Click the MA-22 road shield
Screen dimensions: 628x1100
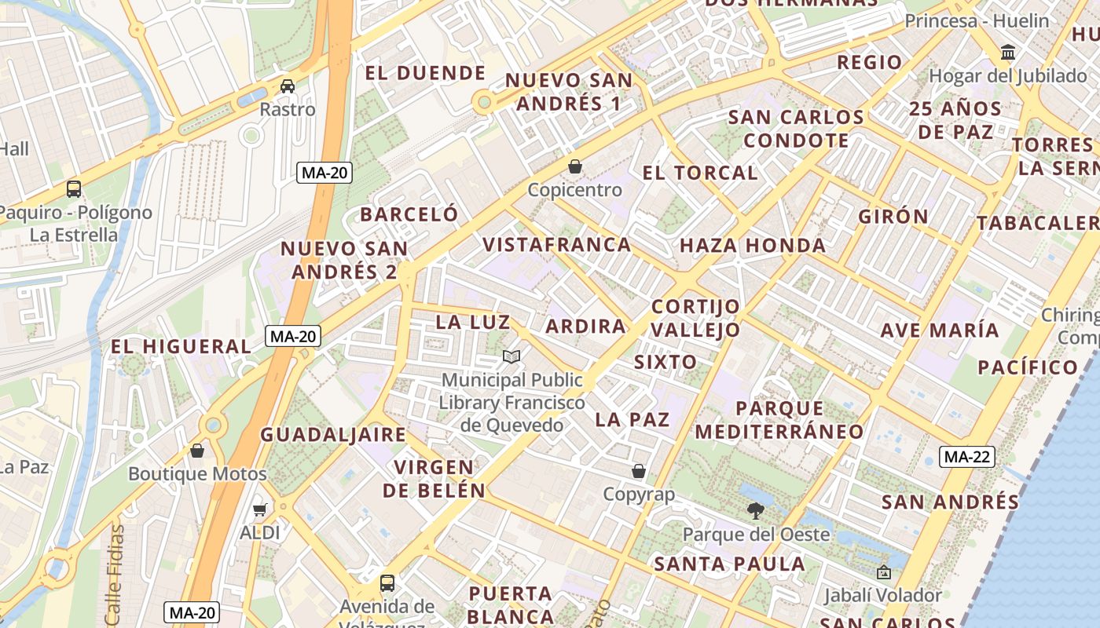pos(968,457)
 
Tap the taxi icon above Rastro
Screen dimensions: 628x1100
pos(288,86)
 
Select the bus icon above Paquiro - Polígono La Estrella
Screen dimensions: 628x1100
pos(74,189)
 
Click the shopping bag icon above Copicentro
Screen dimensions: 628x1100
pos(575,166)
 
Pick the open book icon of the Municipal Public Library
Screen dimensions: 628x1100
pos(511,357)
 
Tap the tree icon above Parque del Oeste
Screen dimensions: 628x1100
pos(756,511)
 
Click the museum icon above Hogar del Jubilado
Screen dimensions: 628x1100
pos(1008,53)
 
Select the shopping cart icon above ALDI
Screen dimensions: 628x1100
pos(260,509)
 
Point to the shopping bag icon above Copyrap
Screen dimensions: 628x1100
pos(639,471)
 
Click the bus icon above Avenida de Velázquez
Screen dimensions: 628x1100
pos(387,583)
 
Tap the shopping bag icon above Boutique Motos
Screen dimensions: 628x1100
pos(197,451)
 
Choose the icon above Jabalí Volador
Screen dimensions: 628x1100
pos(883,572)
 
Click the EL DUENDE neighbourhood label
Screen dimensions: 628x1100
pos(426,73)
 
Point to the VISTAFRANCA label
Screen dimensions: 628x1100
pos(557,244)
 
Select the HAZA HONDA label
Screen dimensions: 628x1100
pos(752,246)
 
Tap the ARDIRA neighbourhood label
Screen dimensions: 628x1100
pos(585,326)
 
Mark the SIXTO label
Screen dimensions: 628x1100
pos(665,362)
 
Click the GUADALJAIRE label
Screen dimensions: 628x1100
pos(333,434)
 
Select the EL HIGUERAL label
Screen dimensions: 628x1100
pos(181,346)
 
